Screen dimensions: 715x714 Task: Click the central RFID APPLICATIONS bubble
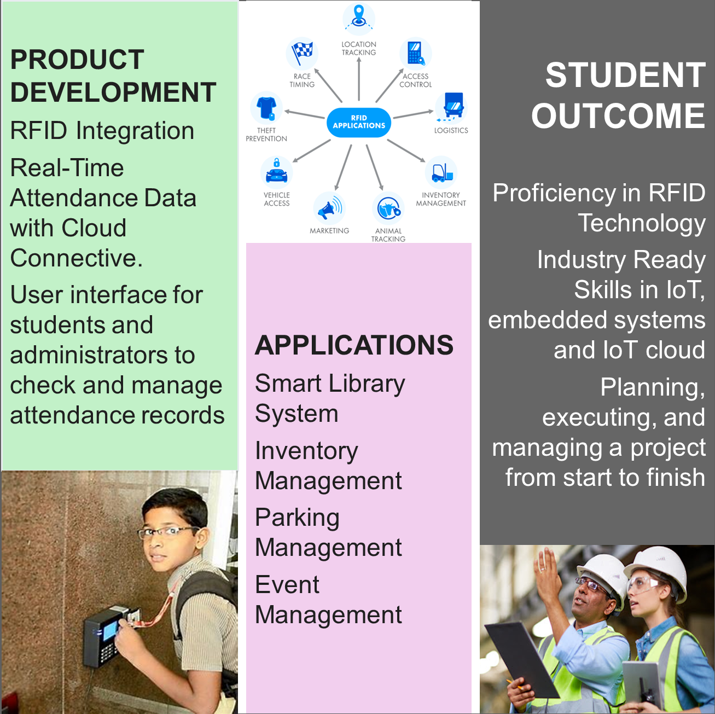(358, 122)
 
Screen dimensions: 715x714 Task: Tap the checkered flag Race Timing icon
(302, 53)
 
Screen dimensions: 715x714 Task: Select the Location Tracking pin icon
(358, 18)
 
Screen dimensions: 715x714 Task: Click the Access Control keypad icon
(416, 53)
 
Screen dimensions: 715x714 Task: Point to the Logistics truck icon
(451, 108)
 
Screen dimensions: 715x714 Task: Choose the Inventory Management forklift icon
(441, 172)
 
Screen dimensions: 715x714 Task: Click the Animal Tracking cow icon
(388, 208)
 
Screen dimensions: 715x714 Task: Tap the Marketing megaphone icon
(329, 208)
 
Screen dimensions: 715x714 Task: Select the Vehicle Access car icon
(276, 172)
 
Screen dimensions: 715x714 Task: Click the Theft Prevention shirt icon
(266, 108)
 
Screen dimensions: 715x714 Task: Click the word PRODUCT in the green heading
(77, 60)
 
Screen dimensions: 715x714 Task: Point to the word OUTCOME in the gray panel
(618, 116)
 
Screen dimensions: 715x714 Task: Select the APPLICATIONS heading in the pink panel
(354, 345)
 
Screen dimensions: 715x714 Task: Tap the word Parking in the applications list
(297, 518)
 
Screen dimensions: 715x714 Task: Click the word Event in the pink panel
(287, 585)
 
